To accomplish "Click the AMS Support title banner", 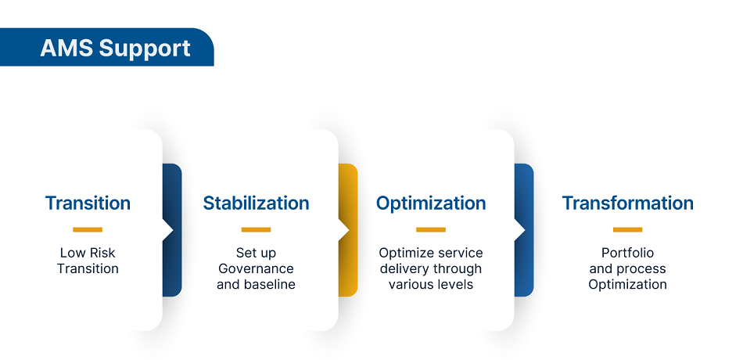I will (115, 48).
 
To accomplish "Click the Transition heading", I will (88, 203).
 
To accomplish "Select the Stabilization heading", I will (256, 203).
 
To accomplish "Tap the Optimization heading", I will (431, 203).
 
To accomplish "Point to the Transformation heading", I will (627, 203).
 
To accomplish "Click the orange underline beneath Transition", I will (88, 229).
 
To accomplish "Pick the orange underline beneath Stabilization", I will (256, 229).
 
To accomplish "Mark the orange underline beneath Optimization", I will (431, 229).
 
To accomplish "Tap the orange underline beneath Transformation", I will (627, 229).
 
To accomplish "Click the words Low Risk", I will (88, 253).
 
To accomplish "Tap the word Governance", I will (256, 268).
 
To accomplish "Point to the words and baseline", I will (256, 284).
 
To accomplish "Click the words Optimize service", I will (431, 253).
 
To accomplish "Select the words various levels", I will (431, 284).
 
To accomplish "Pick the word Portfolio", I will (627, 253).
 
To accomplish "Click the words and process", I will (627, 268).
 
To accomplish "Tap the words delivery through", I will (431, 268).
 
